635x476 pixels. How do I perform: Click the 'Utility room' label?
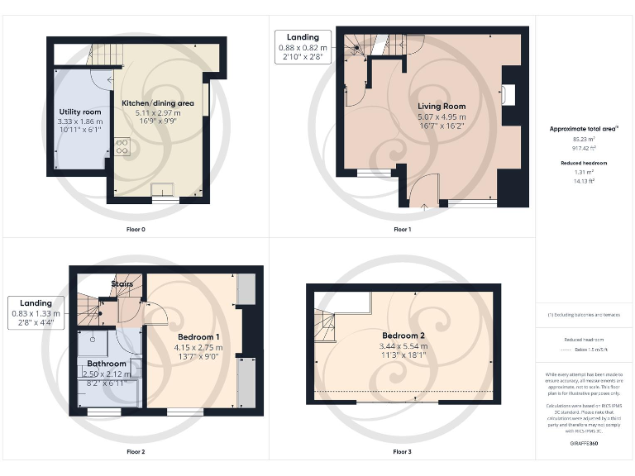click(x=80, y=112)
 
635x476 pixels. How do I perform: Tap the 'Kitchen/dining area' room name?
click(x=158, y=102)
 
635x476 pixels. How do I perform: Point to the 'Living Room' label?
click(x=442, y=106)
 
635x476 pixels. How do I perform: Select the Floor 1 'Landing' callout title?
click(x=302, y=38)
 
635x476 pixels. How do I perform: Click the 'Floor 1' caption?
click(x=402, y=229)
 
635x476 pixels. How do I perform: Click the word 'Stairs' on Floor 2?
click(x=122, y=283)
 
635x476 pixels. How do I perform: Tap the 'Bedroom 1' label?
click(x=198, y=337)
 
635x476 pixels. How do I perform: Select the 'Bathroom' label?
click(x=107, y=364)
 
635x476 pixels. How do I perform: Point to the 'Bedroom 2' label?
click(x=403, y=335)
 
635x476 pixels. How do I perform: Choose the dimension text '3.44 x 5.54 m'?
click(x=403, y=345)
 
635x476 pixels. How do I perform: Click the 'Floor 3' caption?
click(x=402, y=452)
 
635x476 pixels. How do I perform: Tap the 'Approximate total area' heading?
click(x=584, y=129)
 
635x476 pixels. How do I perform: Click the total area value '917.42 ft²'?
click(x=584, y=148)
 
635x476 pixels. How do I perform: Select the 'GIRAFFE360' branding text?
click(x=584, y=444)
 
